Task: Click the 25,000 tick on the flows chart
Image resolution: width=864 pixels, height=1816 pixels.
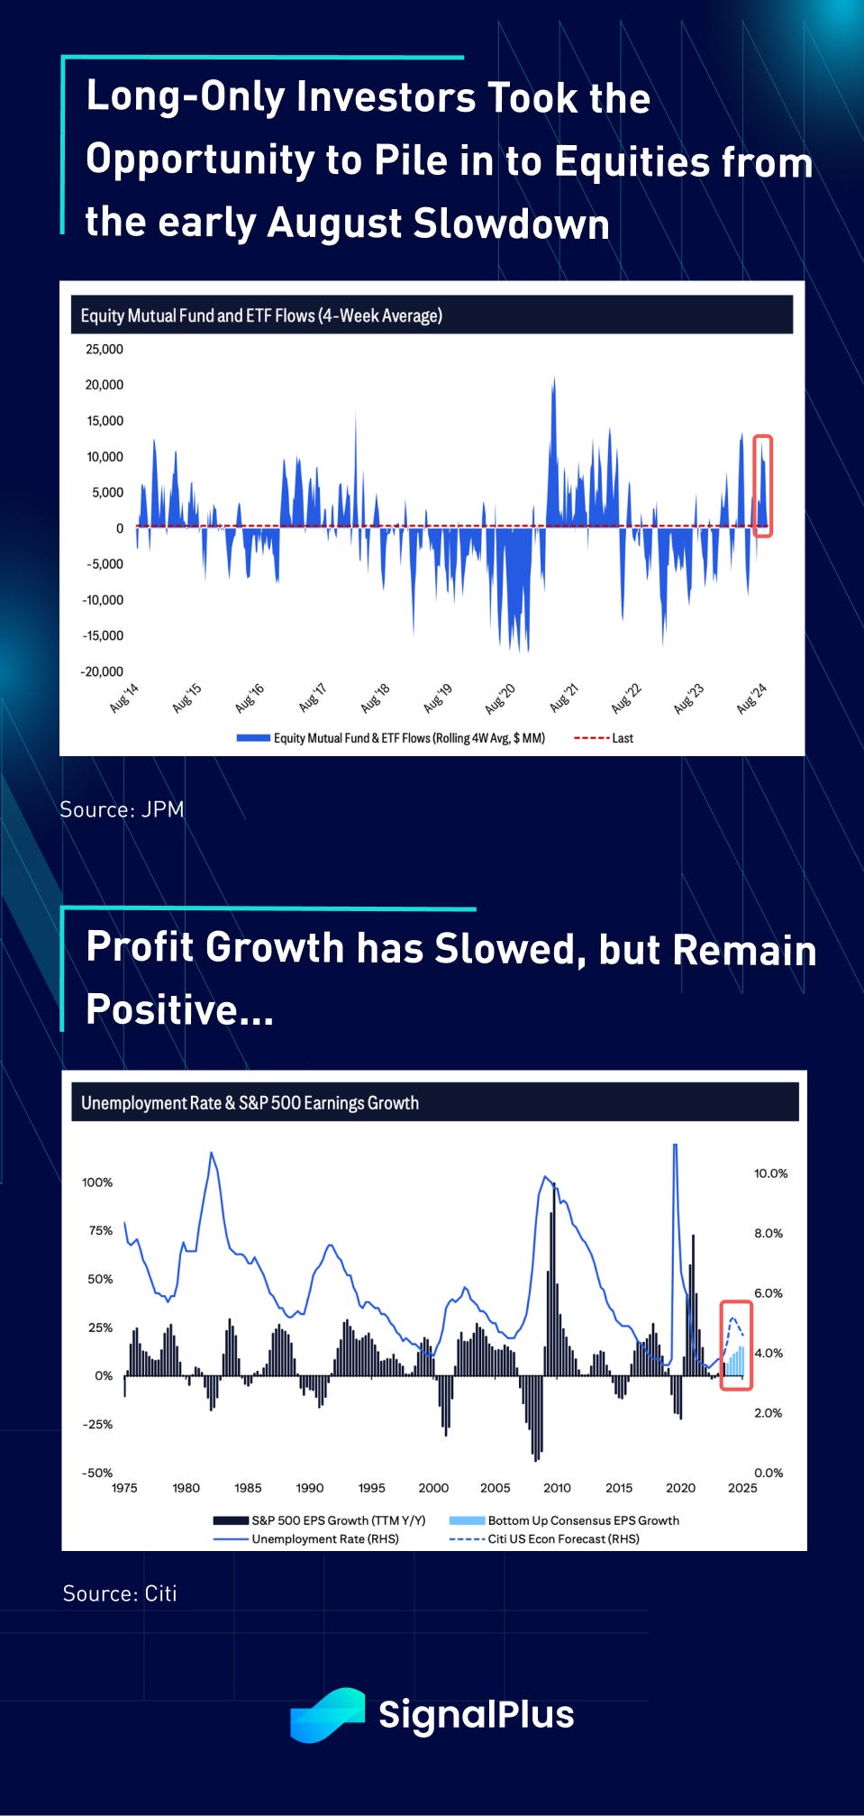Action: point(105,350)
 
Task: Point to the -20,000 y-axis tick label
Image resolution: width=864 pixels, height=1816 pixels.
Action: point(102,671)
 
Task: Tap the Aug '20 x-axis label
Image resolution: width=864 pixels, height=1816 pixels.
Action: point(501,698)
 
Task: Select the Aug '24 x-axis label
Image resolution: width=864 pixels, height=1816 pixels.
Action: point(751,698)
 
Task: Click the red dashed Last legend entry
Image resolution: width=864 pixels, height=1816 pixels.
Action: point(604,738)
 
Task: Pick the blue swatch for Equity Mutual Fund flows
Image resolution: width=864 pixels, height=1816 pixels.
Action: point(253,738)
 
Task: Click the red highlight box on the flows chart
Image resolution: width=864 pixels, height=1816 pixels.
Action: point(762,486)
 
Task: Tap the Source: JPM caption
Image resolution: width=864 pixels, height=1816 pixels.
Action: point(122,809)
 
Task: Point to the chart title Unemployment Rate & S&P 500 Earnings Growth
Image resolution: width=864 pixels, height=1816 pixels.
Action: point(250,1103)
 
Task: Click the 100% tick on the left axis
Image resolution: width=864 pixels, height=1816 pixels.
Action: point(97,1182)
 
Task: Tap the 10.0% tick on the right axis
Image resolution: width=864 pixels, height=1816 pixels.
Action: point(770,1173)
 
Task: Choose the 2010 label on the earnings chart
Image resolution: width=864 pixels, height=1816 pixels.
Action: point(557,1488)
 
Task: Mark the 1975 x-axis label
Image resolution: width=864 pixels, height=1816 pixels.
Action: point(124,1488)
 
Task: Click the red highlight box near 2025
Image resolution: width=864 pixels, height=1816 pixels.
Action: point(736,1345)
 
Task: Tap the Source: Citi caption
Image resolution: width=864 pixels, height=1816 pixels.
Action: point(120,1593)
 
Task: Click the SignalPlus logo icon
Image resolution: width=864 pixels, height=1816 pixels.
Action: point(327,1714)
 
